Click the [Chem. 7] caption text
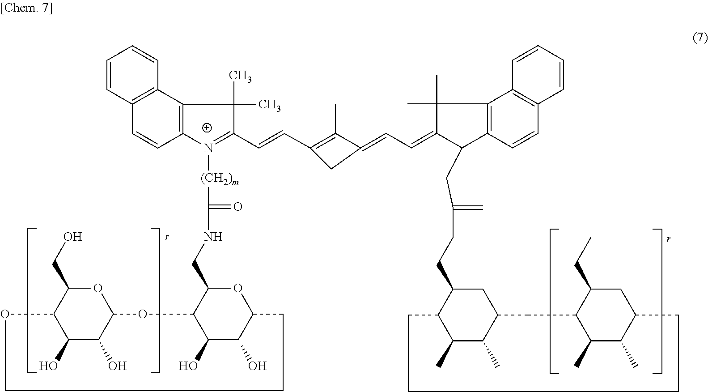pyautogui.click(x=26, y=9)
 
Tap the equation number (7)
pyautogui.click(x=700, y=38)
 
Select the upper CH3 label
pyautogui.click(x=240, y=76)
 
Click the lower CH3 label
pyautogui.click(x=269, y=105)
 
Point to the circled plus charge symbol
pyautogui.click(x=207, y=128)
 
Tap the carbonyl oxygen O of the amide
pyautogui.click(x=237, y=207)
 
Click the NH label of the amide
pyautogui.click(x=213, y=236)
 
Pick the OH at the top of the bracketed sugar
pyautogui.click(x=72, y=236)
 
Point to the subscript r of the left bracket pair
pyautogui.click(x=167, y=238)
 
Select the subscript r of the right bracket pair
pyautogui.click(x=669, y=239)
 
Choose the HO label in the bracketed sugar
pyautogui.click(x=48, y=366)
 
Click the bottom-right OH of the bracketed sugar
pyautogui.click(x=118, y=366)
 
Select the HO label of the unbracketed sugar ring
pyautogui.click(x=188, y=366)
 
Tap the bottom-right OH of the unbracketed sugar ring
pyautogui.click(x=257, y=366)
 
